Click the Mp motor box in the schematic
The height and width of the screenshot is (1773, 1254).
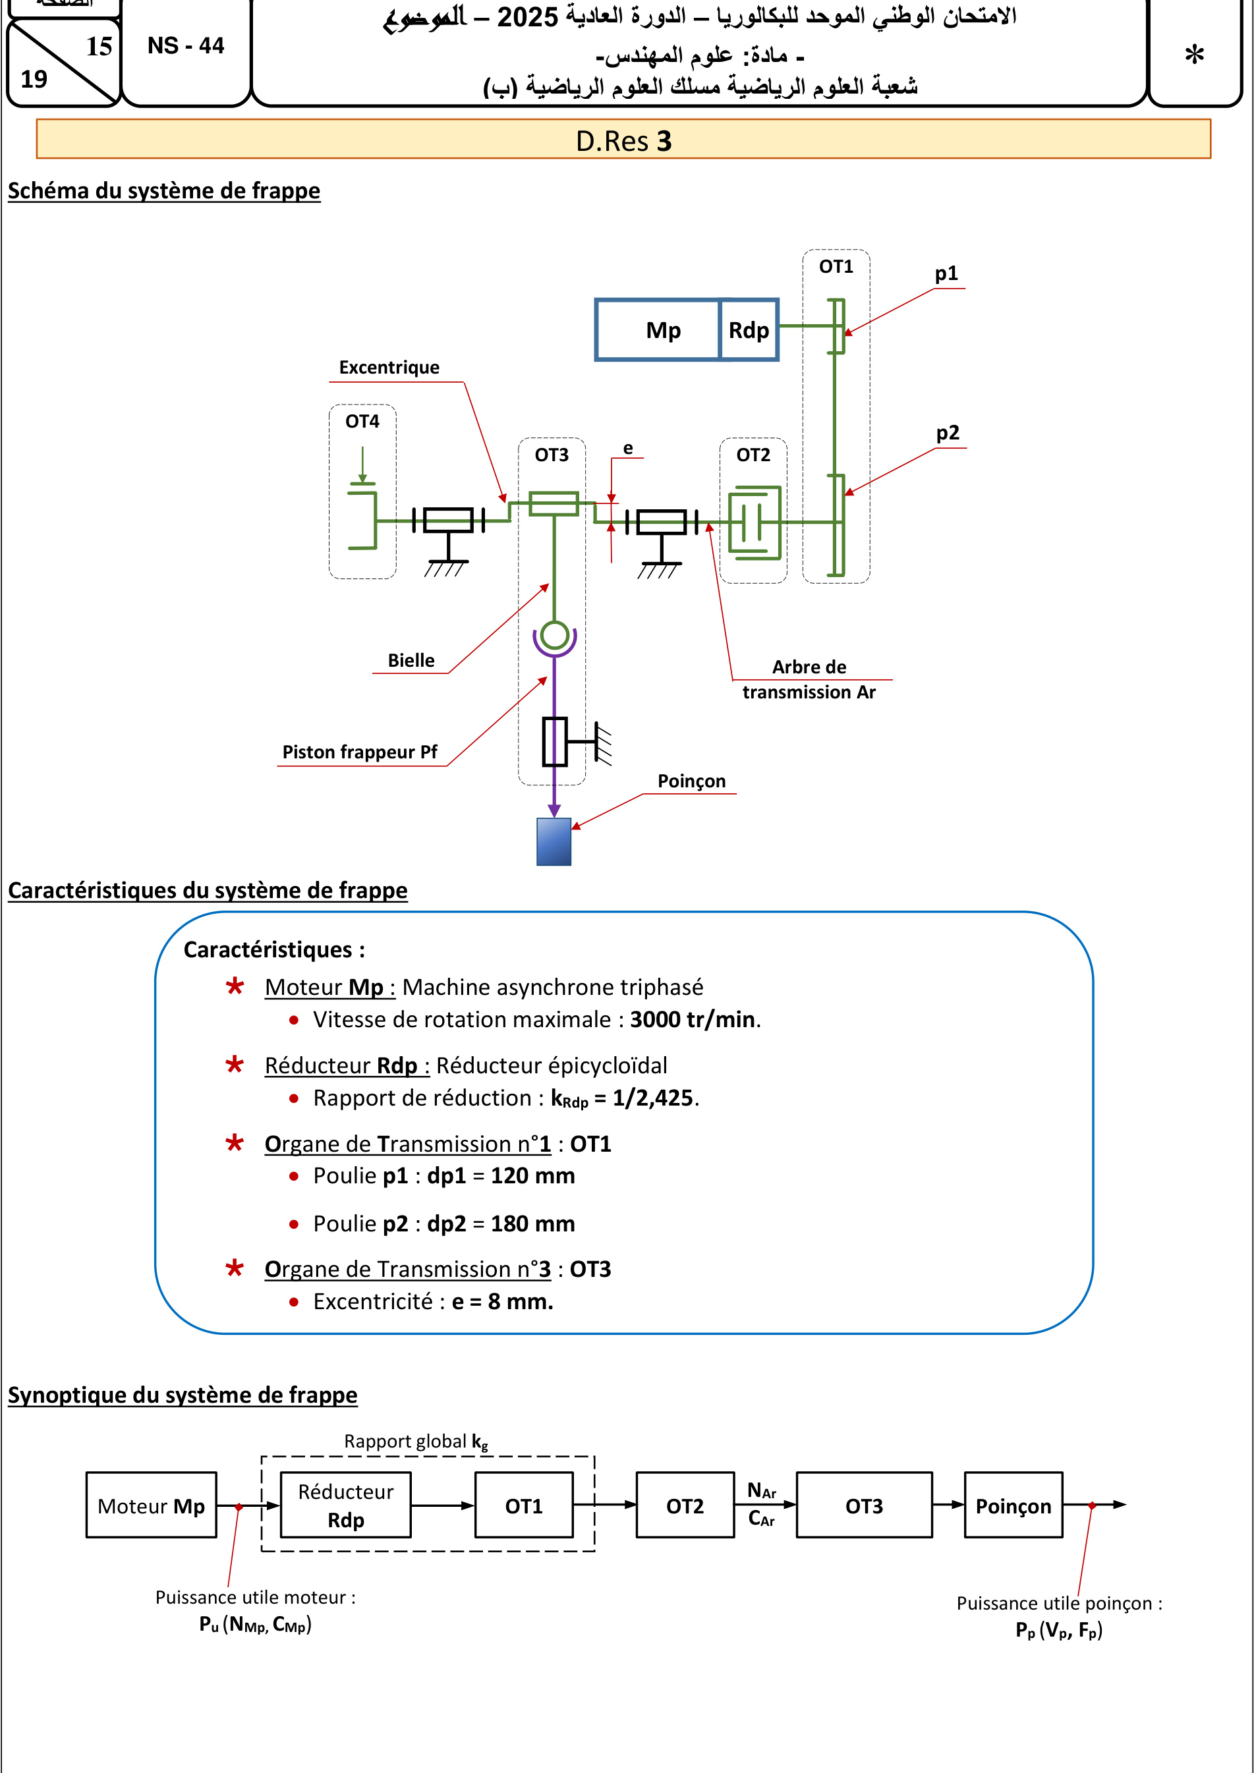click(x=657, y=329)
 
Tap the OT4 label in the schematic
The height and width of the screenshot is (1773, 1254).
click(x=362, y=422)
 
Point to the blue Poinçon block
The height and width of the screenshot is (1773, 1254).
click(x=554, y=842)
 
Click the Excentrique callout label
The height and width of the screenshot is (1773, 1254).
click(x=389, y=368)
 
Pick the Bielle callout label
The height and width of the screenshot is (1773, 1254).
click(x=411, y=660)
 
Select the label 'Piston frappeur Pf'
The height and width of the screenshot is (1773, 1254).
click(x=360, y=752)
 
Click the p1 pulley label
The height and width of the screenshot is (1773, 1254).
click(x=947, y=273)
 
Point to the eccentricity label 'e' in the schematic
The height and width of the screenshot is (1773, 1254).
click(x=628, y=449)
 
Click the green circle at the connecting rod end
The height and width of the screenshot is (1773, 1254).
click(x=554, y=636)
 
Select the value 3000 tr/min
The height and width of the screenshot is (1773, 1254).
click(x=693, y=1019)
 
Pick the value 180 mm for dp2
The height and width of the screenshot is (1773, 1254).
click(x=533, y=1224)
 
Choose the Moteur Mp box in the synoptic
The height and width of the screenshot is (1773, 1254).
click(x=152, y=1505)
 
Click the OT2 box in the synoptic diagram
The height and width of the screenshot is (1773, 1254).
click(x=685, y=1505)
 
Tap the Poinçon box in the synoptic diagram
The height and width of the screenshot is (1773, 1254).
click(x=1013, y=1505)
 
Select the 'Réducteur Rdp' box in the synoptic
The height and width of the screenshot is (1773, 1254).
click(x=345, y=1505)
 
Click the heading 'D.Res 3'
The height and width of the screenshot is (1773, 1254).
click(x=624, y=141)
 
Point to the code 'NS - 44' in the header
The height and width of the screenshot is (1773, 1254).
click(x=186, y=46)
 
